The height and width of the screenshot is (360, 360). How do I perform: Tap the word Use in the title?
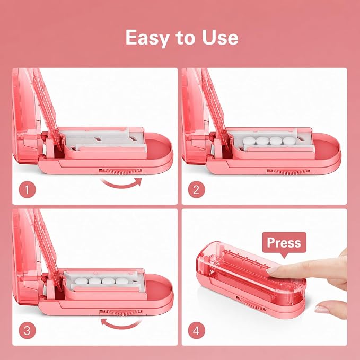point(220,37)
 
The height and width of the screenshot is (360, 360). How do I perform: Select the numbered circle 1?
point(28,190)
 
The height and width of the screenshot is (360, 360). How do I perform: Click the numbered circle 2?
point(197,190)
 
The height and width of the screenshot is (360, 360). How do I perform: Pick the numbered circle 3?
point(28,331)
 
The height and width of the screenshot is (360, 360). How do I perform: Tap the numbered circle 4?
point(197,331)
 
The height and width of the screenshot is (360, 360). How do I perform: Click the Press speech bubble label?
point(284,243)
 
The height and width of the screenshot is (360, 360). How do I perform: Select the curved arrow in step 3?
point(121,324)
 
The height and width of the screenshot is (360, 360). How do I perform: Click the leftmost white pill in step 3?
point(82,281)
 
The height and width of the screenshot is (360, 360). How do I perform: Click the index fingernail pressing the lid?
point(273,270)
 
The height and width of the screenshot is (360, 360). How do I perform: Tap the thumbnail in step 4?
point(322,309)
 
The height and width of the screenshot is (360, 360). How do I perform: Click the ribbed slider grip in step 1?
point(120,171)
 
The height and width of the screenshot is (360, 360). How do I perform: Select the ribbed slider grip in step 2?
point(288,172)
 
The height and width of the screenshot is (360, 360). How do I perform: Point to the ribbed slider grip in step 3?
point(120,312)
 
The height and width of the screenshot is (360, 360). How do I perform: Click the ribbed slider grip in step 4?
point(251,303)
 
